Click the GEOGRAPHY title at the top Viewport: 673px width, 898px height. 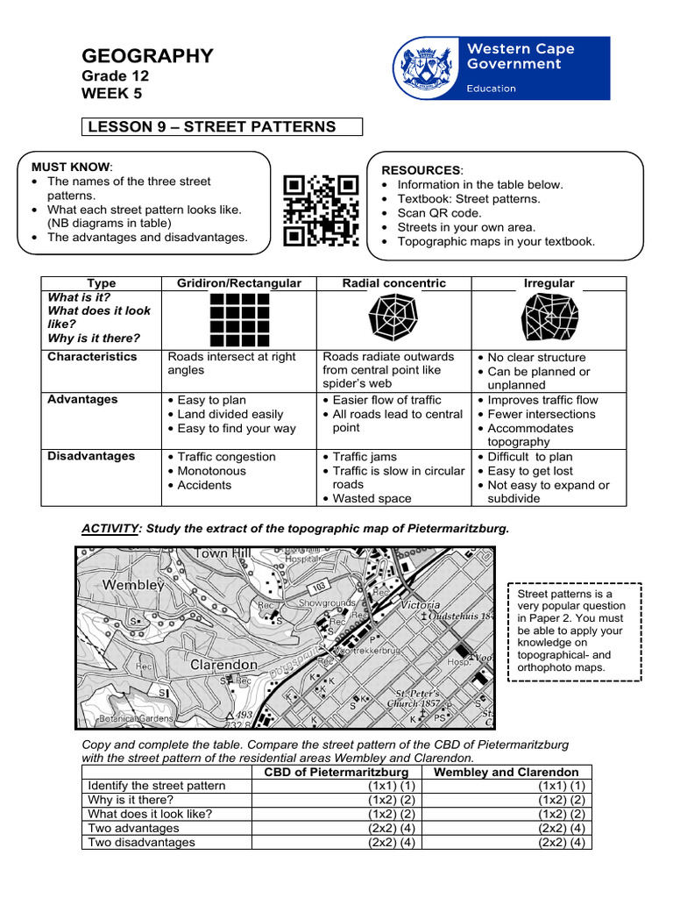147,57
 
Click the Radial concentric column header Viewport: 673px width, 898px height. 393,283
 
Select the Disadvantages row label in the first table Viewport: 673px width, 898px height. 91,456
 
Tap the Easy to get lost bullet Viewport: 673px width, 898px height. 535,471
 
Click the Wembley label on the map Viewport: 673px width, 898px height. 133,584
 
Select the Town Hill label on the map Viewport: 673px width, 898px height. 223,553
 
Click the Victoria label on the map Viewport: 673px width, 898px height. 420,605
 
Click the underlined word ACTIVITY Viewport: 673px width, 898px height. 112,529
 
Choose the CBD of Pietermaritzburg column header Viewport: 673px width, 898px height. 337,772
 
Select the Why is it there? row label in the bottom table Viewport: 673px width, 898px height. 131,800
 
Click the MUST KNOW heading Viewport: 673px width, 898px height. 71,167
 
